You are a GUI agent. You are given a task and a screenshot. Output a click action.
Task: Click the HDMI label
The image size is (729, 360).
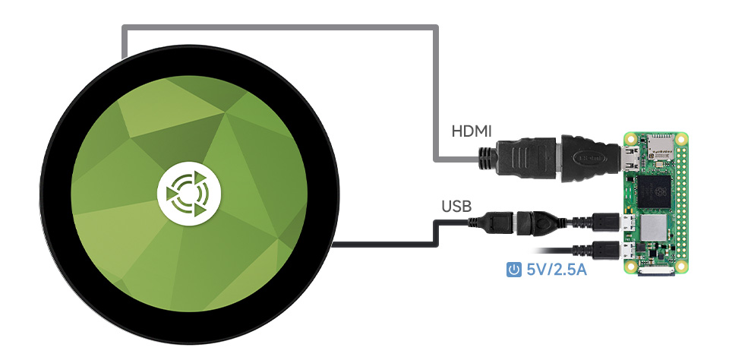click(472, 131)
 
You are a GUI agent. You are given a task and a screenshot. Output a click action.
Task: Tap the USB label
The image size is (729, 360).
click(456, 206)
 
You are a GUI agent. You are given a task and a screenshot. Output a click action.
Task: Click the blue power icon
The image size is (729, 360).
click(514, 269)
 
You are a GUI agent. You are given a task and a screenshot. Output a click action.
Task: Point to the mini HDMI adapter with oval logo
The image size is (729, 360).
click(589, 158)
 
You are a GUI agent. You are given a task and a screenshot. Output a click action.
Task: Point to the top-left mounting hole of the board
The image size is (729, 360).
click(630, 139)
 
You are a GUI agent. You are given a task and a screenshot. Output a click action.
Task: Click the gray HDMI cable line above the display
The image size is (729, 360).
click(281, 29)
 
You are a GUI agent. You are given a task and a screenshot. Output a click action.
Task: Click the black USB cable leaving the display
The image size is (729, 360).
click(380, 244)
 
